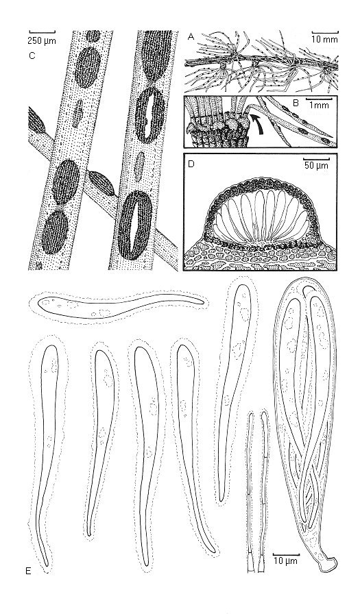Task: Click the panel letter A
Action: pyautogui.click(x=191, y=37)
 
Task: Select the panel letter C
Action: pyautogui.click(x=33, y=56)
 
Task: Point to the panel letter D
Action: pyautogui.click(x=191, y=164)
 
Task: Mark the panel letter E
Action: pyautogui.click(x=28, y=571)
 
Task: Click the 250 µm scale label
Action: pyautogui.click(x=42, y=40)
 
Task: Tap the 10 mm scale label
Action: pyautogui.click(x=325, y=39)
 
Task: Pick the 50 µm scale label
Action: pyautogui.click(x=315, y=165)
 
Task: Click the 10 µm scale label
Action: pyautogui.click(x=286, y=560)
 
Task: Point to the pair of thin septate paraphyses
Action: pyautogui.click(x=257, y=491)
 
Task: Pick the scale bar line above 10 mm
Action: pyautogui.click(x=325, y=32)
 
